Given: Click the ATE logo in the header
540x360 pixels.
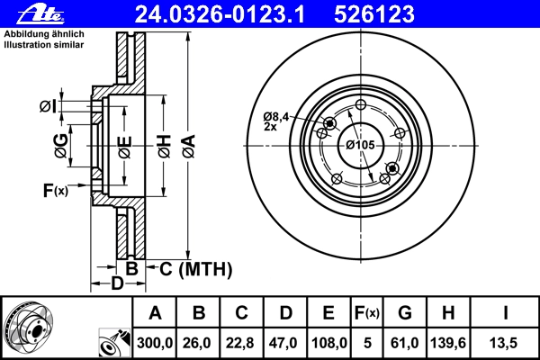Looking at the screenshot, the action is pos(40,14).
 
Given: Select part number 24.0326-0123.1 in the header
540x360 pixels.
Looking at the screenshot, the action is pos(220,14).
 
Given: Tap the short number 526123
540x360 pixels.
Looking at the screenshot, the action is pos(374,14).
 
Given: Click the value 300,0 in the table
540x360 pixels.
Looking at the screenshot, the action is pos(155,343).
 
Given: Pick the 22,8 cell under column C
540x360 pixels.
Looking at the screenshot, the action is pos(239,343).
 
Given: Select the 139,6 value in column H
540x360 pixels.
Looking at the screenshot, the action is pos(448,343).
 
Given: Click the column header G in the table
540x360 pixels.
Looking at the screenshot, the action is pos(405,313).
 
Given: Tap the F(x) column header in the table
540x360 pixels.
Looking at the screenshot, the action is pos(367,313).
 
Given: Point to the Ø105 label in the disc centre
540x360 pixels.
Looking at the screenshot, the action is pos(360,145).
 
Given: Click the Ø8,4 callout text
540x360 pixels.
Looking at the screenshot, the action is pos(276,117).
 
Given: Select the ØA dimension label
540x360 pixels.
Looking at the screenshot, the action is pos(189,147).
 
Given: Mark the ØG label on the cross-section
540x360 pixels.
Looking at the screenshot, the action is pos(61,146).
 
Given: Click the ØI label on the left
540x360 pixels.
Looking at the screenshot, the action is pos(48,106).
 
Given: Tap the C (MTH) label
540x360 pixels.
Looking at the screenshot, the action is pos(196,269).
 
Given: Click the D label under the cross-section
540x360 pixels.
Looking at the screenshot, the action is pos(117,283).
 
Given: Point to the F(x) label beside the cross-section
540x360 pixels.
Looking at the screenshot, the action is pos(56,190).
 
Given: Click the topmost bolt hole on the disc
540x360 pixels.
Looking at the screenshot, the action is pos(361,104).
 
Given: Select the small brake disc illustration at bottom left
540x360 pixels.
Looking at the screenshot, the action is pos(29,328).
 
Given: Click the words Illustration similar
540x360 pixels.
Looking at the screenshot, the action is pos(44,44).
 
